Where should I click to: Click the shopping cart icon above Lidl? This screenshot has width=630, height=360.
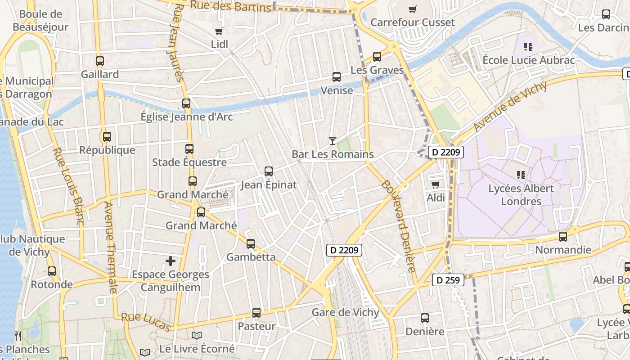[219, 31]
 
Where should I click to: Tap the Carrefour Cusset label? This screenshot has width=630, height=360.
[413, 22]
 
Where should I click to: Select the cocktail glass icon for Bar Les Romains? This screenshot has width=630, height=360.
[333, 141]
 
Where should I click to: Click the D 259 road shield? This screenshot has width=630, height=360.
[448, 280]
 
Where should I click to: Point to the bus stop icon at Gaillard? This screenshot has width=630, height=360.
[100, 61]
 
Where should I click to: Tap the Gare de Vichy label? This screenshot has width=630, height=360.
[346, 312]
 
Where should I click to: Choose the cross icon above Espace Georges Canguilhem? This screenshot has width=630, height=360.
[171, 261]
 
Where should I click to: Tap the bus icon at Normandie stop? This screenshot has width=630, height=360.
[562, 236]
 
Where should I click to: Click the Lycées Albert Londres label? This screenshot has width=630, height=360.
[521, 194]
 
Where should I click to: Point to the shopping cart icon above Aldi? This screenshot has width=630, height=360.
[435, 184]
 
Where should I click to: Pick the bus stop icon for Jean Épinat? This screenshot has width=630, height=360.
[269, 171]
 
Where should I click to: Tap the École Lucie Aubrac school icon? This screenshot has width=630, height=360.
[528, 46]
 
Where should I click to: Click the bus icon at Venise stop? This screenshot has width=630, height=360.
[337, 76]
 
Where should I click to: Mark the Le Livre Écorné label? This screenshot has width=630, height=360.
[197, 349]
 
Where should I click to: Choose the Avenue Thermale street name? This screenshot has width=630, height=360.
[111, 247]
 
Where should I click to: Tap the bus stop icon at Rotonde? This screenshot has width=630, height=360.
[52, 271]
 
